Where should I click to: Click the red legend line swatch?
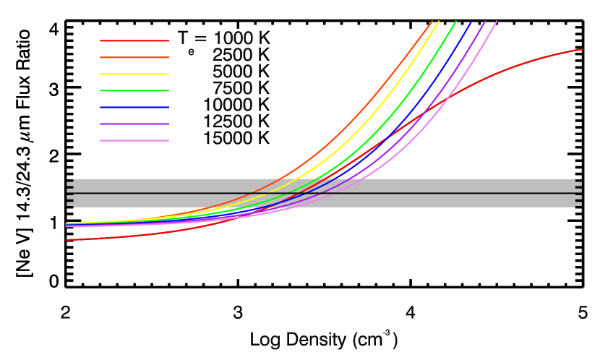click(x=134, y=40)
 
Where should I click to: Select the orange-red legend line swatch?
click(x=134, y=57)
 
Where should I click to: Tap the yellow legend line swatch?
click(x=134, y=74)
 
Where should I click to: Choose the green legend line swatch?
click(x=134, y=90)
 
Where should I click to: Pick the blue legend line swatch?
click(x=134, y=107)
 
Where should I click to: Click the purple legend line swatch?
click(x=134, y=124)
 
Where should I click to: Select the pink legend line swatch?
click(x=134, y=140)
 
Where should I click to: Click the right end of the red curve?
click(x=582, y=49)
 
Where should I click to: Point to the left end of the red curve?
click(x=67, y=240)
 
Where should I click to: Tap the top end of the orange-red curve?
click(x=432, y=22)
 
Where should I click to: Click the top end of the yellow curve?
click(x=439, y=22)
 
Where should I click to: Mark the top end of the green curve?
click(x=455, y=22)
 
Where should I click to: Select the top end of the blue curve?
click(x=471, y=22)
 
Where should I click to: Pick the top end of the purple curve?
click(x=485, y=22)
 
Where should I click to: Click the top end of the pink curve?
click(x=497, y=22)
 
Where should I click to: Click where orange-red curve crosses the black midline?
click(x=252, y=193)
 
